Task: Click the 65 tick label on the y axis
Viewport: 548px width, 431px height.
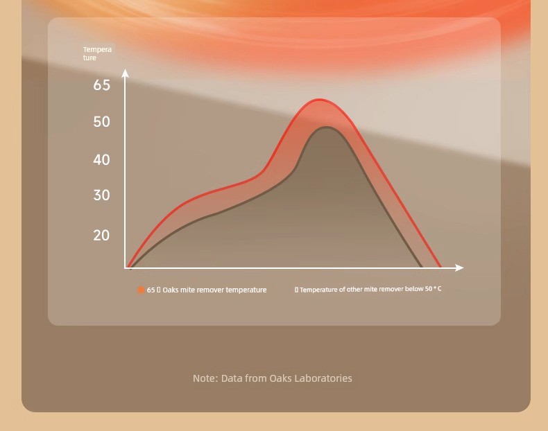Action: (x=102, y=85)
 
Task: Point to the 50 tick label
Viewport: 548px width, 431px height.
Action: (x=102, y=122)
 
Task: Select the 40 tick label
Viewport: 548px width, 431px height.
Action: (x=102, y=160)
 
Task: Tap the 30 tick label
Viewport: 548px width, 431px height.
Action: (x=102, y=195)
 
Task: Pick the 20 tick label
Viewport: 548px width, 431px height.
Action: (x=102, y=236)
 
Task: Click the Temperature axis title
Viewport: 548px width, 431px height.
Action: (x=97, y=53)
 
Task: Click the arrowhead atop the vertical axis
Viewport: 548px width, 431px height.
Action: (x=125, y=73)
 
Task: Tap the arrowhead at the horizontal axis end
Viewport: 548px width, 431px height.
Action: (x=460, y=267)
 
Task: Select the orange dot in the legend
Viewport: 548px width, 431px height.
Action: (x=141, y=290)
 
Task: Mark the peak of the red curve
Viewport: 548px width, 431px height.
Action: (x=319, y=100)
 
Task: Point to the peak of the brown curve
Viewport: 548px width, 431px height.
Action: (x=327, y=127)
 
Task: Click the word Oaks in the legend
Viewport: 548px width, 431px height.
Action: (x=171, y=290)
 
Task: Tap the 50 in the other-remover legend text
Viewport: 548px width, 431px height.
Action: (x=429, y=289)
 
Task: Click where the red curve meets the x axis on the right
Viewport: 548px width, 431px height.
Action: (x=440, y=267)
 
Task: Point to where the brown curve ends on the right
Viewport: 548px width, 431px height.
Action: (x=421, y=267)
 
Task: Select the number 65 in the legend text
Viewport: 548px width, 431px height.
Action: (x=151, y=290)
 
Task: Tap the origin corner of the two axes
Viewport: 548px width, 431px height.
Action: (x=125, y=268)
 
